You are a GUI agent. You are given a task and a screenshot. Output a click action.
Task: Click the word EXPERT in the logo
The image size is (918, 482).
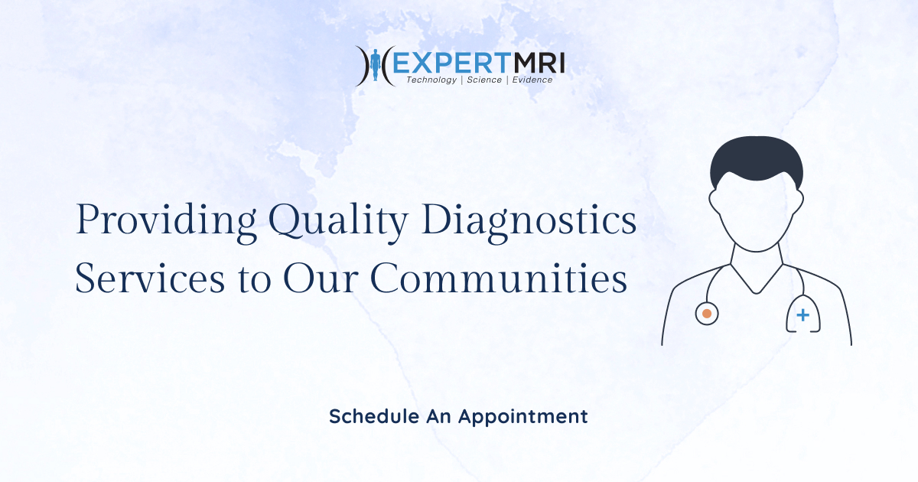pyautogui.click(x=443, y=60)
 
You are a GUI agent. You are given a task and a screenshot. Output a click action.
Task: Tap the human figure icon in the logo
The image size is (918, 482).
pyautogui.click(x=375, y=66)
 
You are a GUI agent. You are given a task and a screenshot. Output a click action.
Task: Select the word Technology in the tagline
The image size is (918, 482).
pyautogui.click(x=431, y=80)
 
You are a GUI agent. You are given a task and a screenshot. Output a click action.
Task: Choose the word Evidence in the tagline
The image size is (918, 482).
pyautogui.click(x=532, y=80)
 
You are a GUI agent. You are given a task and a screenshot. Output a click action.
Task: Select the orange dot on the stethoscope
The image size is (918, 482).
pyautogui.click(x=707, y=314)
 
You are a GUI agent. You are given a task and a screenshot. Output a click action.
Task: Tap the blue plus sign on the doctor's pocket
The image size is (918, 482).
pyautogui.click(x=802, y=315)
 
